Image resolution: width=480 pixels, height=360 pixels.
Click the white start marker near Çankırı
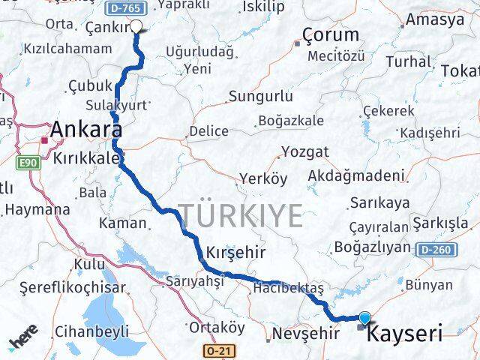pos(136,27)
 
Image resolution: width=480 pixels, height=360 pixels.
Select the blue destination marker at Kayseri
pos(364,318)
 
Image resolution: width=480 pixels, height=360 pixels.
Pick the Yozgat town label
pos(304,152)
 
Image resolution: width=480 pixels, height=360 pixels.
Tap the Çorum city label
pos(331,34)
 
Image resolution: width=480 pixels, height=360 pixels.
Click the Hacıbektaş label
pos(288,288)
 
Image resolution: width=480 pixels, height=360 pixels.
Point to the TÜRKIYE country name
pos(240,216)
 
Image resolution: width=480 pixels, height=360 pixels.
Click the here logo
pos(25,343)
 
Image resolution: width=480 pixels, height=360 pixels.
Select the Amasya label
pos(436,20)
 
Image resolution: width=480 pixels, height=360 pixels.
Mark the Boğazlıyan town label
pos(372,247)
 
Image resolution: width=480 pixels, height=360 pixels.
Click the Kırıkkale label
pos(86,158)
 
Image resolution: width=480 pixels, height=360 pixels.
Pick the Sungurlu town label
pos(260,97)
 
